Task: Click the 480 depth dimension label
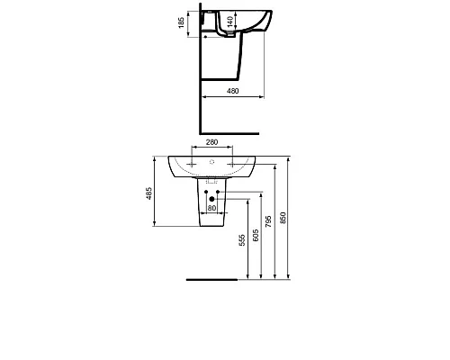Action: pyautogui.click(x=232, y=88)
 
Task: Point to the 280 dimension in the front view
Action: pyautogui.click(x=212, y=143)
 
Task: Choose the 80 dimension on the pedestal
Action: pyautogui.click(x=212, y=209)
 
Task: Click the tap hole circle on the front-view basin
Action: pyautogui.click(x=212, y=163)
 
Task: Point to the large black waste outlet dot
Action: pyautogui.click(x=213, y=199)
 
